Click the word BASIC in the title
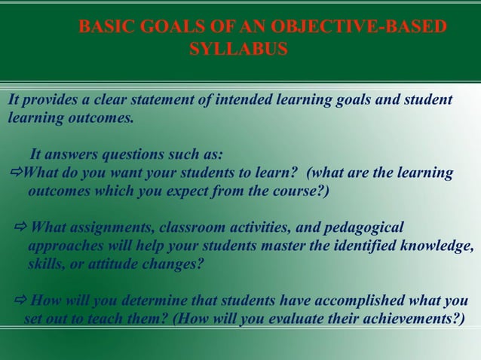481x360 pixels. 104,27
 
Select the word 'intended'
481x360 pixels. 243,100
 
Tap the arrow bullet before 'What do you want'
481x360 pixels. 15,173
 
